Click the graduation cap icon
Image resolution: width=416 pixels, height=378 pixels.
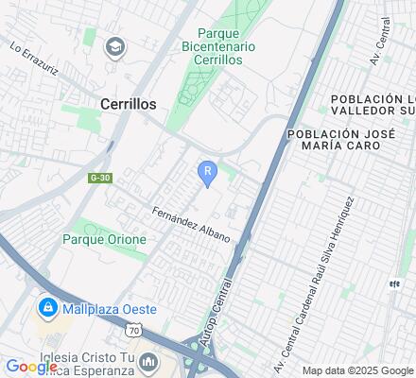(115, 45)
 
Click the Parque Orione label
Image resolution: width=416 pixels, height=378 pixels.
(104, 239)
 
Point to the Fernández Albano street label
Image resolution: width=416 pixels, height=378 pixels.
(190, 224)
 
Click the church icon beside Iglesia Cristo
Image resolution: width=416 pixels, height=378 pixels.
(147, 362)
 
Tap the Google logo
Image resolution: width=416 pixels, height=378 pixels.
(31, 366)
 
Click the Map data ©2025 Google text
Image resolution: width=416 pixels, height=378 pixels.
(357, 370)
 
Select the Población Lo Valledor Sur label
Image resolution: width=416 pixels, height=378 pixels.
(371, 108)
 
